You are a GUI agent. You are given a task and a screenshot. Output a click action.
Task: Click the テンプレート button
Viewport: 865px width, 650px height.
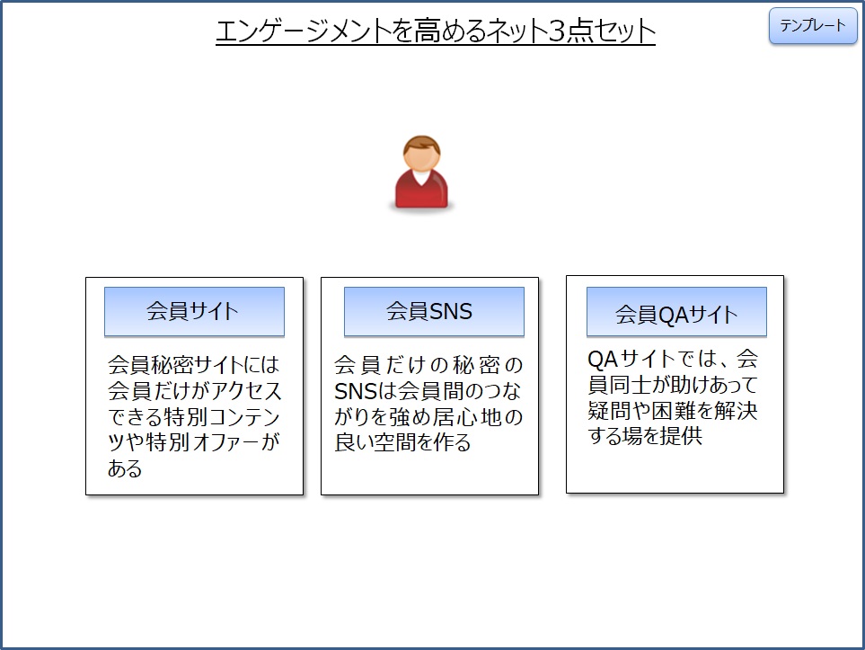(813, 25)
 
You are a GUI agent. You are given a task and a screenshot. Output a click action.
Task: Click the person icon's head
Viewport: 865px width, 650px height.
(421, 154)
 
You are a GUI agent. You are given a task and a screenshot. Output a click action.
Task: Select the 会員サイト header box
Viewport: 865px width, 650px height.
(194, 311)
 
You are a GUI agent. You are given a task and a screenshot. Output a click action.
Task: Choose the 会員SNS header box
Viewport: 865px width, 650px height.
(434, 311)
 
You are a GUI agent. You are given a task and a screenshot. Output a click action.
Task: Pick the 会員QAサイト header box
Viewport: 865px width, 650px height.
(676, 312)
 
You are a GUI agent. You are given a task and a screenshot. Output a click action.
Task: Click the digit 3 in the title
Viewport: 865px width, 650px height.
(557, 31)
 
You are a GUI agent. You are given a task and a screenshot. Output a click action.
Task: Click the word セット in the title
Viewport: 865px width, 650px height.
(623, 31)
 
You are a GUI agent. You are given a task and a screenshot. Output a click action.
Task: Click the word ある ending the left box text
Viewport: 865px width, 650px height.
(125, 468)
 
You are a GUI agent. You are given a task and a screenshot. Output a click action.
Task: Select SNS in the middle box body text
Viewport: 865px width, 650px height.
(356, 392)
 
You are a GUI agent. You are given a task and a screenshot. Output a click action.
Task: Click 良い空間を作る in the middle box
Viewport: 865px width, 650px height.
(402, 442)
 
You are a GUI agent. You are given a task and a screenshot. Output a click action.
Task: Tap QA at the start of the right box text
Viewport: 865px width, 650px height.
(603, 360)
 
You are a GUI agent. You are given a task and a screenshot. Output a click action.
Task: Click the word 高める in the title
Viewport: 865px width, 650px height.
(450, 31)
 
